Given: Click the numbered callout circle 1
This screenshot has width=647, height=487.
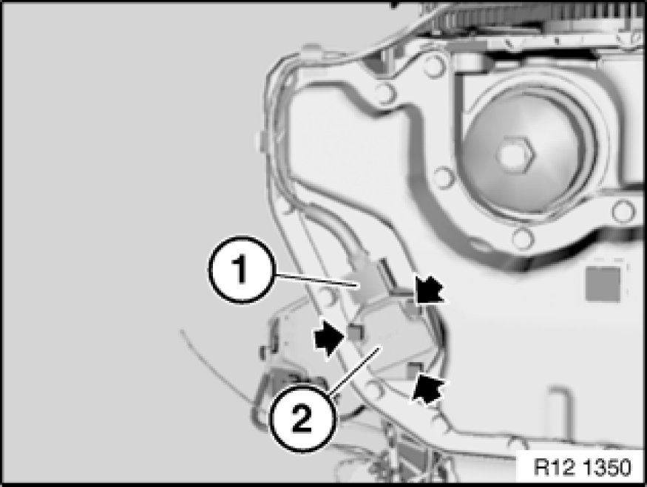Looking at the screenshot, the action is pos(241,270).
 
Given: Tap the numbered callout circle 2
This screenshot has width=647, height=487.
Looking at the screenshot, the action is pos(303,418).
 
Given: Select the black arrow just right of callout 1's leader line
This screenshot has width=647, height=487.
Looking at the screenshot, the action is pos(429,290).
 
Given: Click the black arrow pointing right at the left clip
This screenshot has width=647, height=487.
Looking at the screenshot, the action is pos(329,338).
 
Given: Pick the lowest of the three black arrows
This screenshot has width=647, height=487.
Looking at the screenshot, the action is pos(428,389).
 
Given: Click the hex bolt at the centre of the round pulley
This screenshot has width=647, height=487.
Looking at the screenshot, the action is pos(515,154).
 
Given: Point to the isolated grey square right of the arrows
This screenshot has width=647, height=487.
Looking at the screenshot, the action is pos(603,284).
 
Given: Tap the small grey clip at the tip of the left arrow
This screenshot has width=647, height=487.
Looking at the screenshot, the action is pos(356,332).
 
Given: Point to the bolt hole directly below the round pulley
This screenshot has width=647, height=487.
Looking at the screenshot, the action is pos(522,239).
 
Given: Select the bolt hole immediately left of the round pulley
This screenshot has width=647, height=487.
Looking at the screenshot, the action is pos(444,177).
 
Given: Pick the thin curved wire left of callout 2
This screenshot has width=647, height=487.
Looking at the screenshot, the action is pos(214,367).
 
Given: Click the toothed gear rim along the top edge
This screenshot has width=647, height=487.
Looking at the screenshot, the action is pos(536,12).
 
